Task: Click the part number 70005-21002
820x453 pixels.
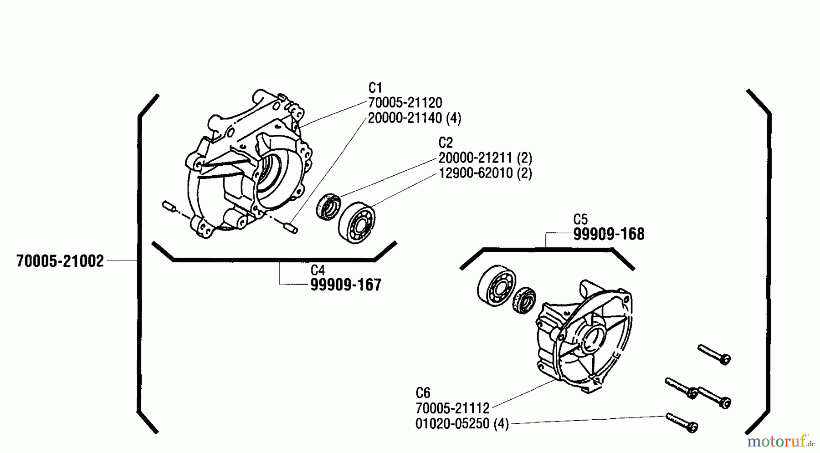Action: pos(60,261)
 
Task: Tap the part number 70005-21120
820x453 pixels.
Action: pos(405,102)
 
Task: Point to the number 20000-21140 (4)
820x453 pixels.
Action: pos(414,118)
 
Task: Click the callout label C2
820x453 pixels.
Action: pos(446,143)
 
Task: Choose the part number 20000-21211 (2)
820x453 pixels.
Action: pos(485,158)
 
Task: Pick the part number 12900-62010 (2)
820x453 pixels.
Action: pos(485,173)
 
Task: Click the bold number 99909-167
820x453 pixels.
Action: pos(345,285)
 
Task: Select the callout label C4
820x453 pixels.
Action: pos(318,270)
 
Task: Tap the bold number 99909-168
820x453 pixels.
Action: pos(609,234)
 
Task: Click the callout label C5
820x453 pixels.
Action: pos(580,219)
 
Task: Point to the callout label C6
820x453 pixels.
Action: pos(423,392)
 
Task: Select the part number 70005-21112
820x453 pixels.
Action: pos(452,408)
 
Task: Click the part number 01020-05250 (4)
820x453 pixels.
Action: pos(461,423)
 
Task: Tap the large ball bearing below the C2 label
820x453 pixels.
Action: pos(356,224)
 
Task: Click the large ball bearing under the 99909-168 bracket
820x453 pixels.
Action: pos(496,286)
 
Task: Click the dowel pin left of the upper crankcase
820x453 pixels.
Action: pos(169,207)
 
